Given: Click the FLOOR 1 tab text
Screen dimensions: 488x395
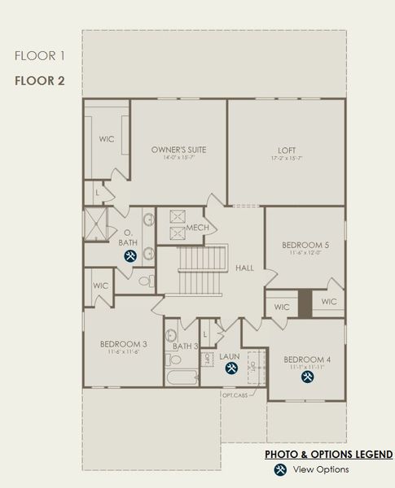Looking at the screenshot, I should (x=40, y=55).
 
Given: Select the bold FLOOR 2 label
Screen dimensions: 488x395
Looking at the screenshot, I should (x=40, y=81).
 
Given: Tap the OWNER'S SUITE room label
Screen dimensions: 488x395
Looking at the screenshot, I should (x=178, y=150).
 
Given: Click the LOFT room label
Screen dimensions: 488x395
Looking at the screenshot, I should (x=286, y=150).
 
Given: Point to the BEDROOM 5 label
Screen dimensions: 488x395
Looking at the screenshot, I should (x=305, y=245).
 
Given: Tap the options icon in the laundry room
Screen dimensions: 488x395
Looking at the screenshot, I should (x=231, y=369).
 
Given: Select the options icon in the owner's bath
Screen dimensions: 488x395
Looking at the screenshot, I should (x=129, y=255).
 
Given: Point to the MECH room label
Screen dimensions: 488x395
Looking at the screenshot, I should (x=197, y=228).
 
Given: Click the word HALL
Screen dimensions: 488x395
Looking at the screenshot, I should (x=244, y=267).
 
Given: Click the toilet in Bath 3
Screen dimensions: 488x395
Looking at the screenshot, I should (x=174, y=359).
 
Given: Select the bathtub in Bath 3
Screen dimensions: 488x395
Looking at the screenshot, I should (x=181, y=378).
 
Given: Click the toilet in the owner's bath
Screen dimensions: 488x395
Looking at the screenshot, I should (x=145, y=281).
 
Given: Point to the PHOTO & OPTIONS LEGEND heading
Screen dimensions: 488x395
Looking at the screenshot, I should (x=328, y=454).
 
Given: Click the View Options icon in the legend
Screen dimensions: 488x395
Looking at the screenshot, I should (x=280, y=469).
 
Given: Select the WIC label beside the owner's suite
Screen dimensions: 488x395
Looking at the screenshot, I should (x=107, y=138).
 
